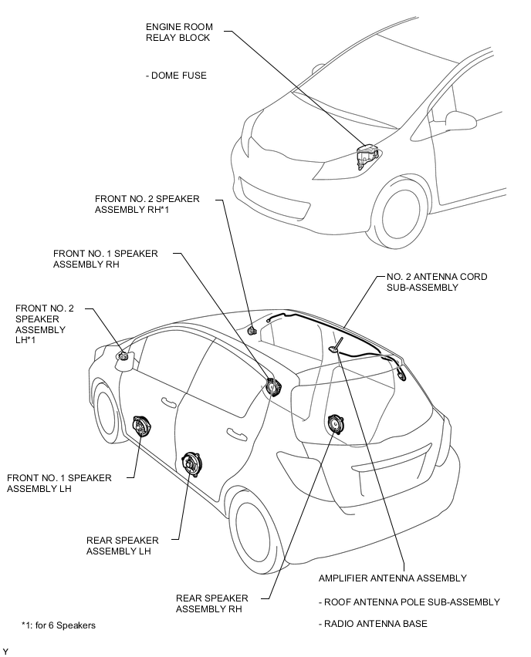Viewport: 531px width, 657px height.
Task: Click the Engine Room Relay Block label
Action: [179, 32]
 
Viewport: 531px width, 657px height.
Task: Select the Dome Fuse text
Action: [176, 76]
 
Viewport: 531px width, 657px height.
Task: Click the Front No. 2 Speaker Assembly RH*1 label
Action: [147, 204]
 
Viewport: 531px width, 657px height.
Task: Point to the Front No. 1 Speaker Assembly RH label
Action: [105, 259]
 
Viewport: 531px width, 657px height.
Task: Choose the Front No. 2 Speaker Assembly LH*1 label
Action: [45, 325]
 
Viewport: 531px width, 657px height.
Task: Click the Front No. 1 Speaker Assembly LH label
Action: [59, 483]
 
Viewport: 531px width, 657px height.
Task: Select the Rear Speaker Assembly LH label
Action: [123, 545]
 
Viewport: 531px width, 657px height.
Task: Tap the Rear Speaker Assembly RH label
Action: [211, 603]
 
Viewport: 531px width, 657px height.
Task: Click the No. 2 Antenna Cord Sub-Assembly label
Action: [437, 282]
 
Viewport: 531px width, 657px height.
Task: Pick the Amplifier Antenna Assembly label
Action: [393, 578]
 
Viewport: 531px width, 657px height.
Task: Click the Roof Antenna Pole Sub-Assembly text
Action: [409, 602]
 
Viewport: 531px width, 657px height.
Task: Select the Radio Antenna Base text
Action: [373, 624]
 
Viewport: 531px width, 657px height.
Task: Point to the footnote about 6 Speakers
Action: [59, 625]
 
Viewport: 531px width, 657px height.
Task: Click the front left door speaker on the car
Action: [141, 426]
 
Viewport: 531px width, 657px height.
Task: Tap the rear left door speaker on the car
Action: [191, 464]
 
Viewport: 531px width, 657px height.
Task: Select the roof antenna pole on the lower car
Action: [337, 344]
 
